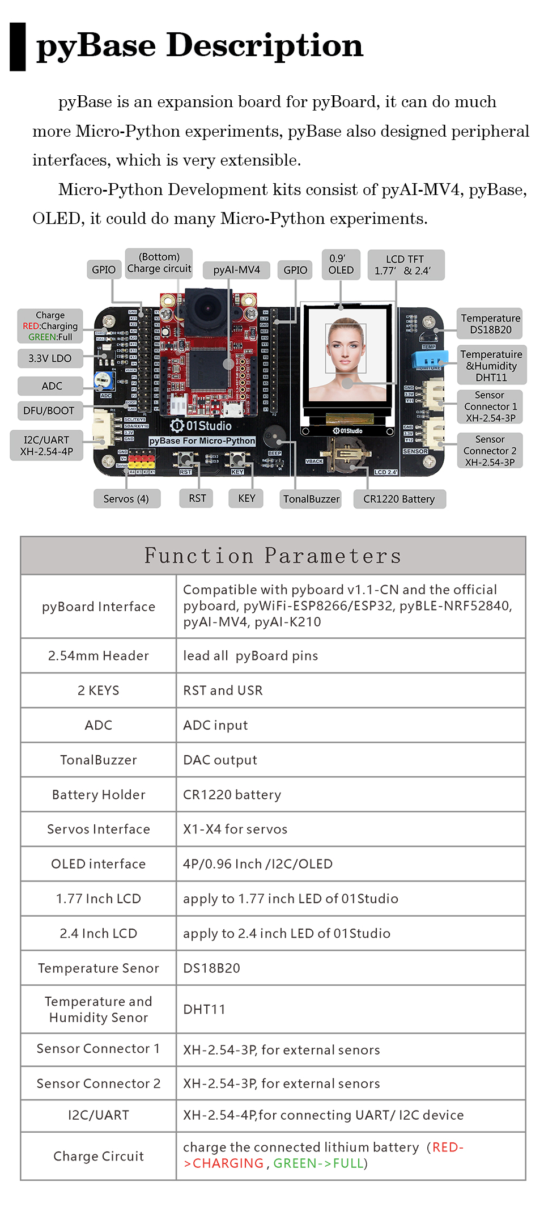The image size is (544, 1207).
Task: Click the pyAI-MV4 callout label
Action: click(237, 270)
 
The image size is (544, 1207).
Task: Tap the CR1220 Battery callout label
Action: click(399, 499)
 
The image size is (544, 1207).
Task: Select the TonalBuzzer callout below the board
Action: click(311, 499)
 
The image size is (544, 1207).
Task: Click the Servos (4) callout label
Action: click(126, 499)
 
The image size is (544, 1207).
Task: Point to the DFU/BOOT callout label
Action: click(49, 410)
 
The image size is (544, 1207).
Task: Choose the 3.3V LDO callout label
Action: click(50, 358)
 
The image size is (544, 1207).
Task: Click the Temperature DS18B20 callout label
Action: click(490, 324)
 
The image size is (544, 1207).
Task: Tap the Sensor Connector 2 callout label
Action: click(490, 451)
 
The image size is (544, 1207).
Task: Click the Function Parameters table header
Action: click(273, 556)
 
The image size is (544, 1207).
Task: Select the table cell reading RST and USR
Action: click(223, 691)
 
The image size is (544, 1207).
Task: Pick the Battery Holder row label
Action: click(99, 795)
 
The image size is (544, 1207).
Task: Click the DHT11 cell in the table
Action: click(204, 1009)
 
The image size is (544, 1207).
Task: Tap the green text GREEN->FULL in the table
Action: click(318, 1163)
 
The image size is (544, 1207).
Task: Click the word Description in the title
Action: click(265, 45)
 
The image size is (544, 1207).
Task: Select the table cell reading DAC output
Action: click(220, 760)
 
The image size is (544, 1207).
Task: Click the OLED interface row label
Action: click(99, 864)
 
